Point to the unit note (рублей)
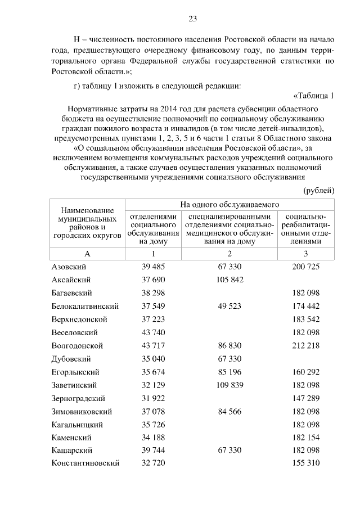319,190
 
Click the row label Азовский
69,267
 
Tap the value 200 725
305,267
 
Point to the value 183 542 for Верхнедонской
305,319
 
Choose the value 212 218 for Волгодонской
305,345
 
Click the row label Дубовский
71,358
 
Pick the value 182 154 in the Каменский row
305,437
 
